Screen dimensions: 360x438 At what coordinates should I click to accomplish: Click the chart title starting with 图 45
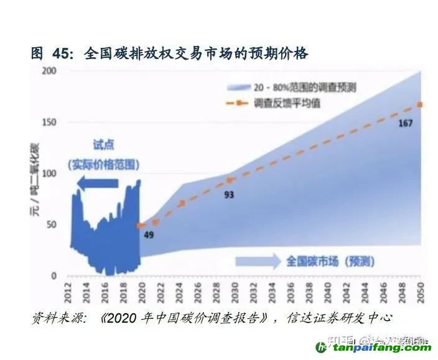tap(169, 54)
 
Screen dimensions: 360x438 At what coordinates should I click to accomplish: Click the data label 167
tap(405, 123)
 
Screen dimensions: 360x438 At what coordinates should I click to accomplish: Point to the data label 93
tap(229, 195)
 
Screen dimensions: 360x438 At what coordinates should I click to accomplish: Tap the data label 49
tap(148, 235)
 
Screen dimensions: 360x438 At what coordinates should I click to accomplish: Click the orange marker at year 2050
tap(421, 104)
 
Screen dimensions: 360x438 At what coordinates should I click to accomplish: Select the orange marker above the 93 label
tap(230, 180)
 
